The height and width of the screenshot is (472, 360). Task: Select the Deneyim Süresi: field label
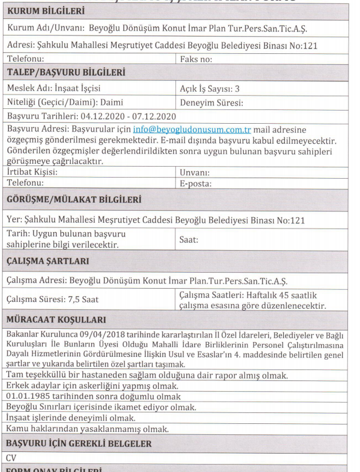tap(212, 104)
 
